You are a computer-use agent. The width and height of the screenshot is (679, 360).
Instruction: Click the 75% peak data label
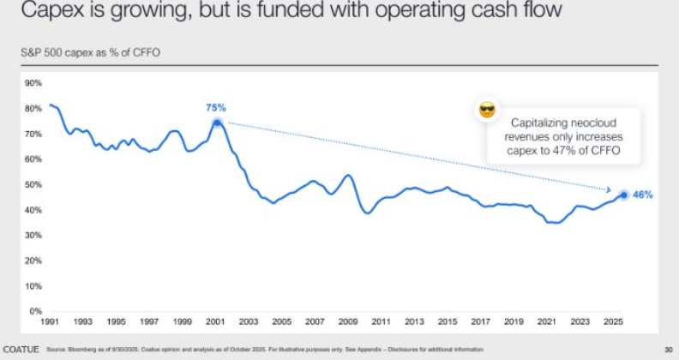coord(215,107)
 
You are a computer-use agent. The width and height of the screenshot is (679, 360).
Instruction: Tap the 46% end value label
coord(643,195)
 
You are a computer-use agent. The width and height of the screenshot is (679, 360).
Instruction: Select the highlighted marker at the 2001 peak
coord(217,123)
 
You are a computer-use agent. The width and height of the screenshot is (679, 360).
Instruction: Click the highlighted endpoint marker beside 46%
coord(623,195)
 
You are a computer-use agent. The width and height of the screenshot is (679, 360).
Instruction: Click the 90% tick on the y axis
coord(33,83)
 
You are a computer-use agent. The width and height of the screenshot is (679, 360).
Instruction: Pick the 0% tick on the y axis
coord(36,311)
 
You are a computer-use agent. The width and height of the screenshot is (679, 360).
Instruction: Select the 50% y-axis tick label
coord(33,184)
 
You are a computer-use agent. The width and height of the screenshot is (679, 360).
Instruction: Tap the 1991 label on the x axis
coord(50,321)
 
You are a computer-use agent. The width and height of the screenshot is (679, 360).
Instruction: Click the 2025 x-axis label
coord(614,321)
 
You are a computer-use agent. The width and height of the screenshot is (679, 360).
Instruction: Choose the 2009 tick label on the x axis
coord(347,321)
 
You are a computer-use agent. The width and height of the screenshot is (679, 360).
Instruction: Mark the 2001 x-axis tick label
coord(215,321)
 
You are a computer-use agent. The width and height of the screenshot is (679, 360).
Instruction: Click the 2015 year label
coord(447,321)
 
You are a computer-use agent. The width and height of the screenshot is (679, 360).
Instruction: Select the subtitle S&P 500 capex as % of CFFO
coord(90,52)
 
